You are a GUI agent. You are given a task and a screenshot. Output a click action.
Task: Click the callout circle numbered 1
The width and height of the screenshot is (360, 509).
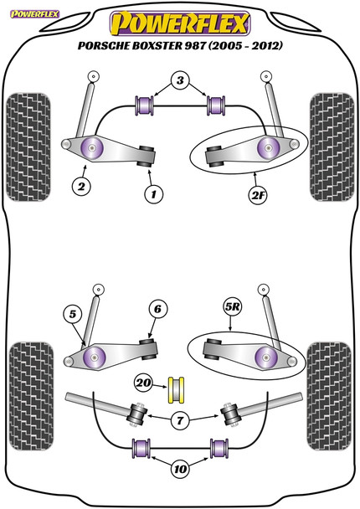pyautogui.click(x=153, y=194)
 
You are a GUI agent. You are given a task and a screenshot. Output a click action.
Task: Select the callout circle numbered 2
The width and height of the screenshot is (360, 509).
pyautogui.click(x=81, y=187)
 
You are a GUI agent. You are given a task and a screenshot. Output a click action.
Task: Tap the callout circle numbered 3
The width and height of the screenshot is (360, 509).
pyautogui.click(x=181, y=80)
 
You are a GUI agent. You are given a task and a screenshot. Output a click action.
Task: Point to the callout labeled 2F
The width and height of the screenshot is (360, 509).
pyautogui.click(x=258, y=195)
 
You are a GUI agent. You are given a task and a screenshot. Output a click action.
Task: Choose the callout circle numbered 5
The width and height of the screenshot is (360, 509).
pyautogui.click(x=73, y=314)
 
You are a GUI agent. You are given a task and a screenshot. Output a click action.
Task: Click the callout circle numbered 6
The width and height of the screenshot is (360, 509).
pyautogui.click(x=157, y=309)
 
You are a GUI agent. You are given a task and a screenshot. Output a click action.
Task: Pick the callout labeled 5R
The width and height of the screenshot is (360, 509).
pyautogui.click(x=233, y=306)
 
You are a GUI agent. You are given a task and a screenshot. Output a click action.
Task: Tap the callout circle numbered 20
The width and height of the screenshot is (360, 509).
pyautogui.click(x=143, y=383)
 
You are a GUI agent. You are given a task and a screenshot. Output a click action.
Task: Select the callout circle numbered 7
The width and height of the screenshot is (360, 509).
pyautogui.click(x=180, y=421)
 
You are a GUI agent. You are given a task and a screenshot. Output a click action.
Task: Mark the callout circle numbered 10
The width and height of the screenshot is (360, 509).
pyautogui.click(x=180, y=469)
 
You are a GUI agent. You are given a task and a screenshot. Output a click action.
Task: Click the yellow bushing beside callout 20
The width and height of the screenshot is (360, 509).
pyautogui.click(x=176, y=390)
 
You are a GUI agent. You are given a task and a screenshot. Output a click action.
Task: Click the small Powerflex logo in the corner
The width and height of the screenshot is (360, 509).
pyautogui.click(x=34, y=14)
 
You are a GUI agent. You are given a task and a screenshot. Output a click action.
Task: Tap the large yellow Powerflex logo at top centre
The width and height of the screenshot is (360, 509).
pyautogui.click(x=180, y=23)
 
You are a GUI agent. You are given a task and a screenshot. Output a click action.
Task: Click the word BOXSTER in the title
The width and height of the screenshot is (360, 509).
pyautogui.click(x=157, y=45)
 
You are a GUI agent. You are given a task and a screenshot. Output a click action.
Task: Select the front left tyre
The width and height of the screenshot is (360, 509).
pyautogui.click(x=28, y=147)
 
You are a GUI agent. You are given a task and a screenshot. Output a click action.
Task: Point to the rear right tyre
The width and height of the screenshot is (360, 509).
pyautogui.click(x=329, y=396)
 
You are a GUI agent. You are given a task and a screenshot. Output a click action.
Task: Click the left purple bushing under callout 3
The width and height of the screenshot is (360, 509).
pyautogui.click(x=144, y=105)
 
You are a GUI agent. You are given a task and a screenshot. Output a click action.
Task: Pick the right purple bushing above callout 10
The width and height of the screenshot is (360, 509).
pyautogui.click(x=219, y=448)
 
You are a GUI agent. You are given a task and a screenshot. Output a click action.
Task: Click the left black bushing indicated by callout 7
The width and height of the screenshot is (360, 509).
pyautogui.click(x=137, y=414)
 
